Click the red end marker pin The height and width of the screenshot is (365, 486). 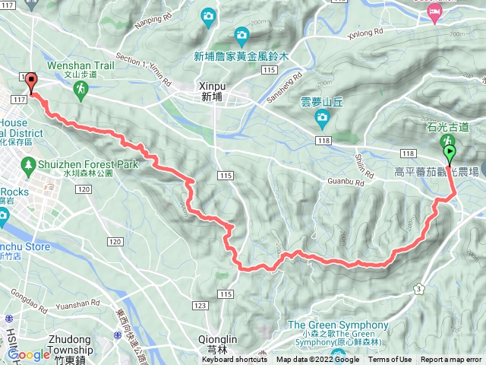click(x=31, y=82)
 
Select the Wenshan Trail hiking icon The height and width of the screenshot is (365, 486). click(x=80, y=90)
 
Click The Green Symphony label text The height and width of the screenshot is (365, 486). click(x=338, y=325)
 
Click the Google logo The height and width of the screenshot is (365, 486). click(x=28, y=354)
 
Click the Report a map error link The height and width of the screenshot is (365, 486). click(x=451, y=360)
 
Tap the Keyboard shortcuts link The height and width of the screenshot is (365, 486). click(x=235, y=360)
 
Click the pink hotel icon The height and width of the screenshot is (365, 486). click(x=434, y=11)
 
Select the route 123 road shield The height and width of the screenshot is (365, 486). click(x=200, y=306)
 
